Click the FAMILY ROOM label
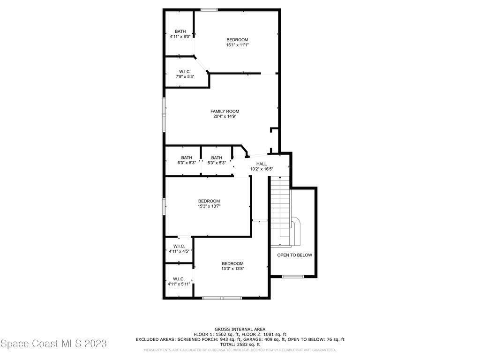coord(225,112)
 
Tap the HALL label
coord(262,164)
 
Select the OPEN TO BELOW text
coord(294,255)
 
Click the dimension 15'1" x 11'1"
coord(237,45)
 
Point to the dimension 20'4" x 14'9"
coord(225,116)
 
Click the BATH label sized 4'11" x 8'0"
coord(180,31)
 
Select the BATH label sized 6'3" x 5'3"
coord(187,157)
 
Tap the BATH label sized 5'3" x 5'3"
coord(217,157)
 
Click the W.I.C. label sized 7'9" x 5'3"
coord(185,72)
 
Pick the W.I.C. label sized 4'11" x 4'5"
coord(179,246)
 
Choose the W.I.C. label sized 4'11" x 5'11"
coord(179,279)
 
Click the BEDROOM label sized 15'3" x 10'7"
coord(209,201)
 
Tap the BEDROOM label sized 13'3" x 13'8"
coord(232,263)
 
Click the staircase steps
coord(280,211)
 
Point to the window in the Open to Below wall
coord(292,277)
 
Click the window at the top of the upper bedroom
coord(209,10)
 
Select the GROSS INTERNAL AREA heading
coord(240,330)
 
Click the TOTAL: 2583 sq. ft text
coord(240,345)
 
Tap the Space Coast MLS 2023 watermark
coord(53,344)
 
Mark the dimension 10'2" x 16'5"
coord(262,169)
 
